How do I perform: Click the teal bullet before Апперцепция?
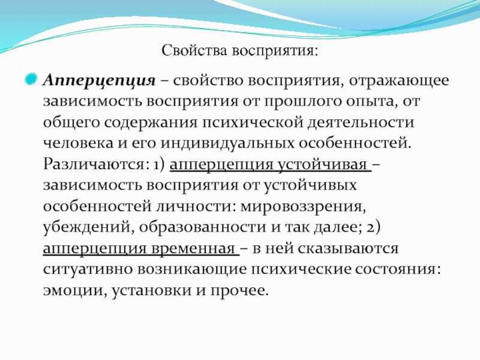(31, 79)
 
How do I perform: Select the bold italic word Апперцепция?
(99, 81)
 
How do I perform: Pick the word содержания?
(151, 123)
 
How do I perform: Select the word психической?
(253, 122)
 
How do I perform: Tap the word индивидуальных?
(227, 143)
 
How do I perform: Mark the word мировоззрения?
(303, 206)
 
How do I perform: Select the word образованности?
(202, 227)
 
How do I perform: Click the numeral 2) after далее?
(373, 227)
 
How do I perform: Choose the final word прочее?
(239, 290)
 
